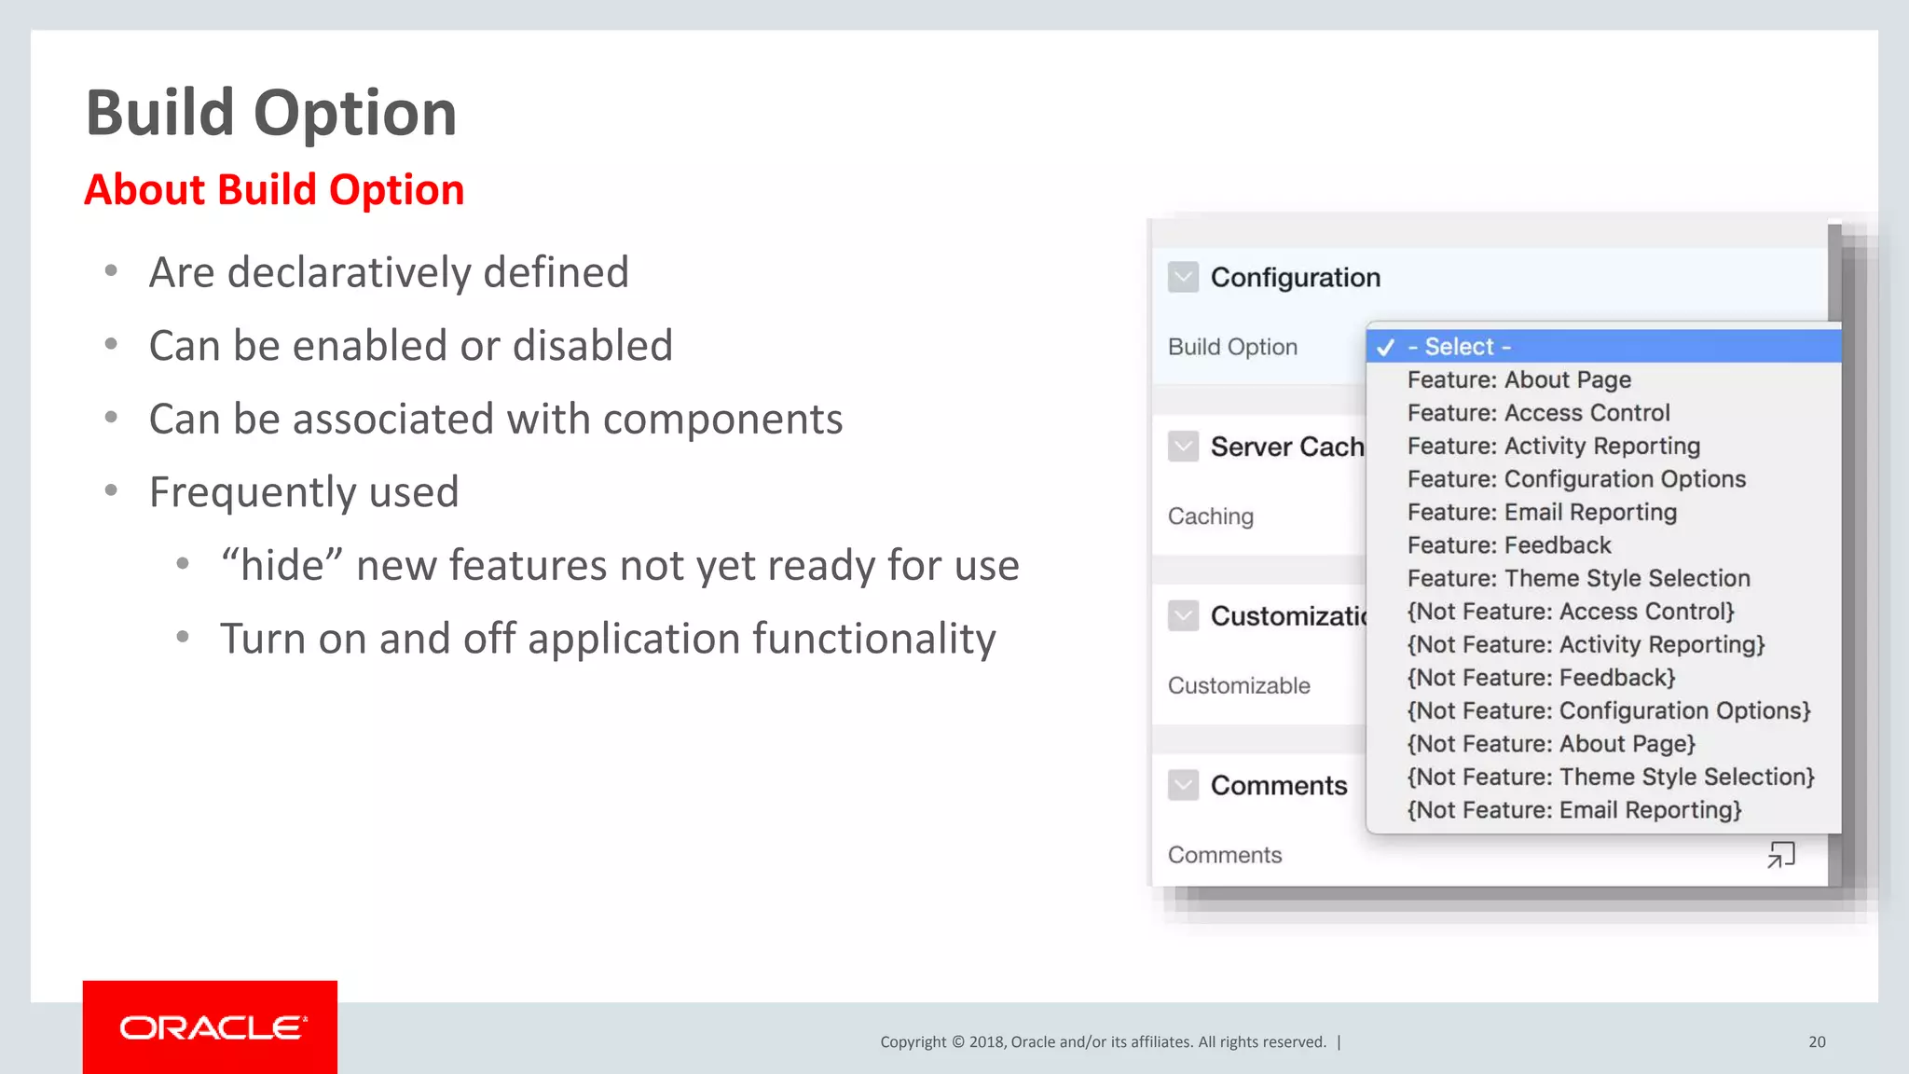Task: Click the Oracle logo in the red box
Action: (x=211, y=1027)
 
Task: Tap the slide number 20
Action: (x=1817, y=1042)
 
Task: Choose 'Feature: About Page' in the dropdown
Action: (x=1518, y=380)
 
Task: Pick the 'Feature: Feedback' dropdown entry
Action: (x=1508, y=545)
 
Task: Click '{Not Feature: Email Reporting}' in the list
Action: (x=1573, y=810)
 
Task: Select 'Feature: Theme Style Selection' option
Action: (x=1578, y=579)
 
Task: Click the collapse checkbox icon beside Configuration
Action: (x=1183, y=277)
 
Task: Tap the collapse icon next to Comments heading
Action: (x=1183, y=785)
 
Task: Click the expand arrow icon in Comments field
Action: (x=1780, y=855)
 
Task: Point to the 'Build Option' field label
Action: (x=1232, y=347)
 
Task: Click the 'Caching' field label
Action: (x=1210, y=516)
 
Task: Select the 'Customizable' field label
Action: (x=1238, y=686)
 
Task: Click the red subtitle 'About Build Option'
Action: (x=274, y=190)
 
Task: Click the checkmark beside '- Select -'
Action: (x=1385, y=347)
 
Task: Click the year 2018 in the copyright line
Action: (x=987, y=1042)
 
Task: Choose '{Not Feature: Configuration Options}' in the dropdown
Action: (x=1608, y=711)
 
